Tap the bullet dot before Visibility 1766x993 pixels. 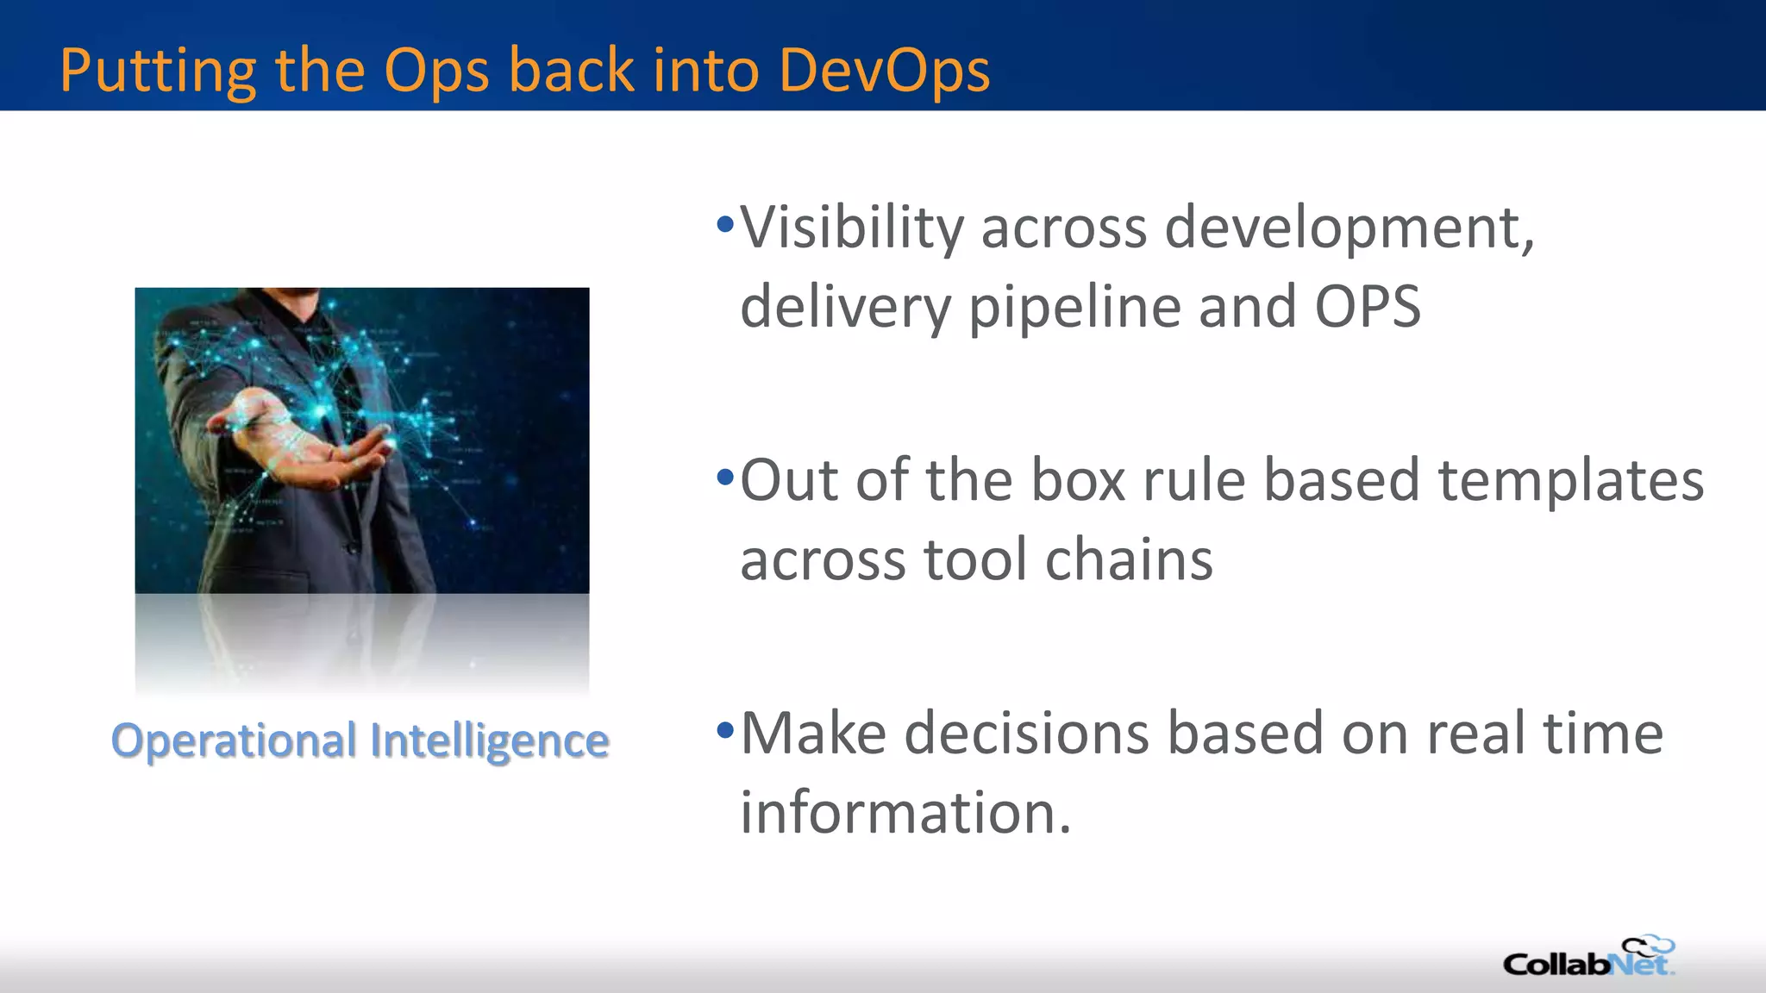(x=725, y=226)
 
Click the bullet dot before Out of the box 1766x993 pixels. (x=725, y=477)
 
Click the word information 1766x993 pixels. (x=905, y=813)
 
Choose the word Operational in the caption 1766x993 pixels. (x=234, y=740)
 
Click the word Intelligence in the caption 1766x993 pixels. (x=489, y=741)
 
